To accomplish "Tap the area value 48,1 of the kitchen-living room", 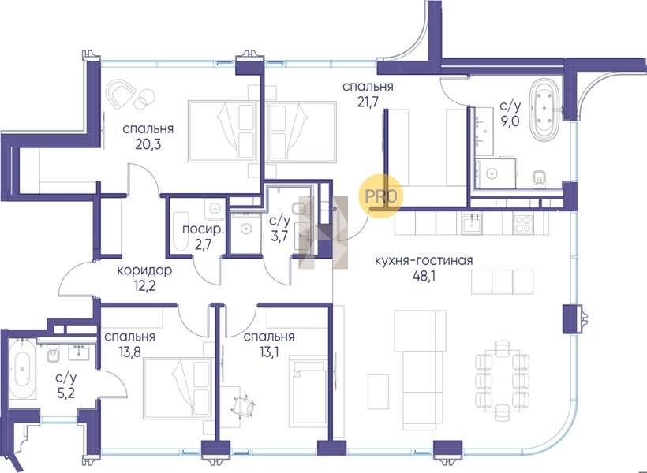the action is click(x=424, y=275).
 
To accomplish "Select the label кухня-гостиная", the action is click(x=424, y=261).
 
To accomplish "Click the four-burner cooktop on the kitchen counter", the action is click(x=523, y=225).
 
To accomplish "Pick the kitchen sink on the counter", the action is click(x=471, y=225).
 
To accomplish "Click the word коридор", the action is click(x=144, y=271).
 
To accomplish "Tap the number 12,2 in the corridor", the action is click(x=145, y=285).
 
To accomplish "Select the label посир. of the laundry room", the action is click(x=203, y=229).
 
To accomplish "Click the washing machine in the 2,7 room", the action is click(x=214, y=208).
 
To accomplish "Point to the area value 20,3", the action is click(x=148, y=144).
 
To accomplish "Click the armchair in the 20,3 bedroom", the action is click(x=121, y=93).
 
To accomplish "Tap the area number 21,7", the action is click(x=368, y=102).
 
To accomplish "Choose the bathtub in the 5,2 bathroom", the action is click(x=22, y=368).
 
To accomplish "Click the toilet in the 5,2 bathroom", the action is click(x=53, y=353).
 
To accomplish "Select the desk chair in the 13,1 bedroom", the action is click(x=244, y=405).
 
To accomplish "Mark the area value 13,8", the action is click(x=129, y=352).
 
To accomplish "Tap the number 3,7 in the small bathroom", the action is click(x=279, y=235).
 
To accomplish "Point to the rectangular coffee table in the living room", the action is click(x=378, y=392).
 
